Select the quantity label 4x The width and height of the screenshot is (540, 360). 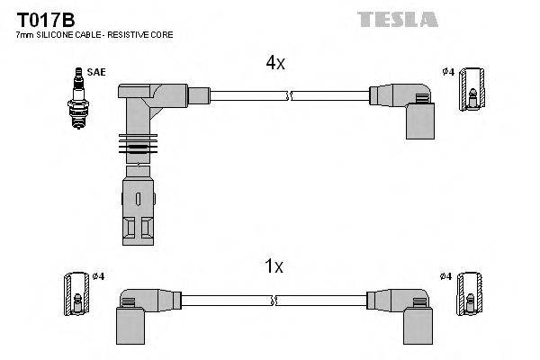(274, 63)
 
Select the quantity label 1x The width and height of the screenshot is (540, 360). (274, 266)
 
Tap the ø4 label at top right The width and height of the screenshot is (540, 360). (447, 71)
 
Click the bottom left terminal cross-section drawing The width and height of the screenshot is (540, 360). (73, 294)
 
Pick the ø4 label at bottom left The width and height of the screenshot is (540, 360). (97, 275)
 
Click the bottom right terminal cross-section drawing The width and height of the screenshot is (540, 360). (468, 294)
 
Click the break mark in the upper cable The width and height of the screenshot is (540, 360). (288, 93)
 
